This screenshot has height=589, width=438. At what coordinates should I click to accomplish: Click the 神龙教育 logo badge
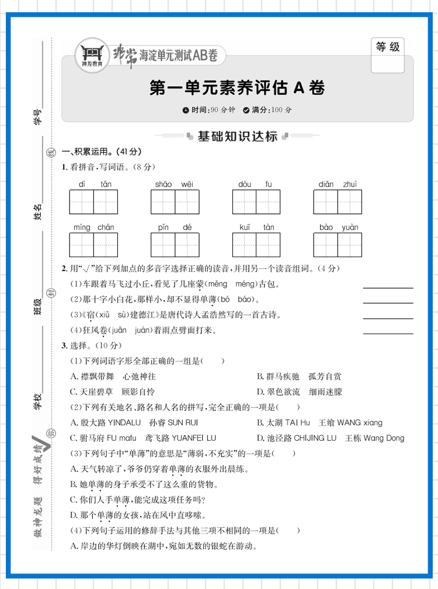pos(92,54)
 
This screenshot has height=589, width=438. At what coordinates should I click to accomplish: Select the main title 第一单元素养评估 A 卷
pos(237,88)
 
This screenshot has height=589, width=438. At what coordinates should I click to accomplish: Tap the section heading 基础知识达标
pos(237,136)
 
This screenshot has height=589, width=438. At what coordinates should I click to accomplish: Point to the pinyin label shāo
pos(163,184)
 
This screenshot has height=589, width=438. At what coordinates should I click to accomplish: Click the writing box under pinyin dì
pos(82,202)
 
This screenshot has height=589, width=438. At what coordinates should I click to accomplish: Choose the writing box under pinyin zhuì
pos(350,202)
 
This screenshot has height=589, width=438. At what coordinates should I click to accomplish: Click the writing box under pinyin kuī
pos(245,245)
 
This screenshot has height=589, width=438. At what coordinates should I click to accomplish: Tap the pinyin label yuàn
pos(350,227)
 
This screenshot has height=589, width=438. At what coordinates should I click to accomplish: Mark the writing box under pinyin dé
pos(187,245)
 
